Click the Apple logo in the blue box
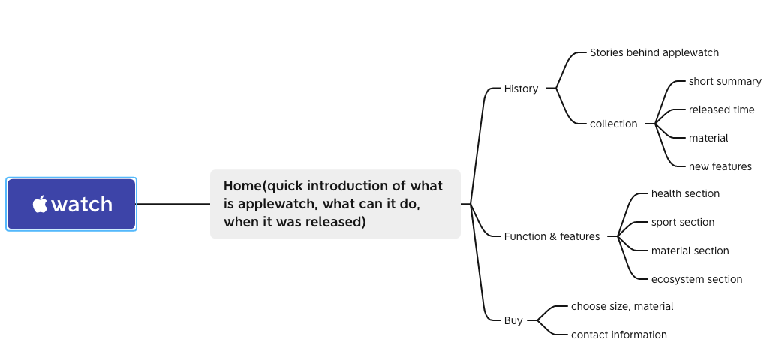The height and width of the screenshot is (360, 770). [40, 204]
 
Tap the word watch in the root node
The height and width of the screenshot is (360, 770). [82, 204]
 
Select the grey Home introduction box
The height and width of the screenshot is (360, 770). [335, 204]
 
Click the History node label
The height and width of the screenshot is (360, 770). [521, 88]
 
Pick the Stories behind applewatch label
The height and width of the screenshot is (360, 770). [654, 52]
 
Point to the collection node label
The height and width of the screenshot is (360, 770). [613, 124]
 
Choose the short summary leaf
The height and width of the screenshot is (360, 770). [725, 81]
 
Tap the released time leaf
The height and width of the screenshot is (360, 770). [721, 109]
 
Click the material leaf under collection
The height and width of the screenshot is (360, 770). [708, 138]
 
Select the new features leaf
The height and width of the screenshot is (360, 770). [720, 166]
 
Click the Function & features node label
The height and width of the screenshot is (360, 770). [552, 236]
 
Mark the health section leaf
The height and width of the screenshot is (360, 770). [685, 193]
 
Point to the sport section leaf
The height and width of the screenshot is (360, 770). [683, 222]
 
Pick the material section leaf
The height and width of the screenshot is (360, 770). [690, 250]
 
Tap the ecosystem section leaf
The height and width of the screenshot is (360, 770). [696, 279]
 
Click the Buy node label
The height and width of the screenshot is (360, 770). [513, 320]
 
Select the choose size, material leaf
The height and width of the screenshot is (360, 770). [622, 306]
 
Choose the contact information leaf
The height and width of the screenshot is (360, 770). [618, 334]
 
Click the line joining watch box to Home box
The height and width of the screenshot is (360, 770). [173, 204]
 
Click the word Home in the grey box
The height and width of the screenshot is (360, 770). [242, 186]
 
